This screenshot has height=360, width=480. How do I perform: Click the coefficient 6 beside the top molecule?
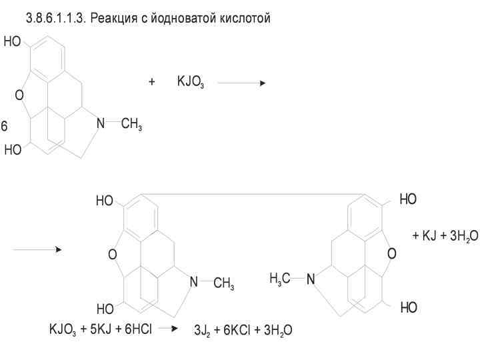pyautogui.click(x=4, y=126)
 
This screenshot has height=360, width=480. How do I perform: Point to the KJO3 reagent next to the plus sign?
pyautogui.click(x=190, y=83)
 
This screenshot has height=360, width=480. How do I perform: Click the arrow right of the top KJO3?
pyautogui.click(x=241, y=83)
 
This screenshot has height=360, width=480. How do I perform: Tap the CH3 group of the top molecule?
pyautogui.click(x=131, y=125)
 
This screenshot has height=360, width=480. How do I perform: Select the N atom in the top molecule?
pyautogui.click(x=100, y=123)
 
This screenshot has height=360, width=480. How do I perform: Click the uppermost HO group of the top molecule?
pyautogui.click(x=12, y=42)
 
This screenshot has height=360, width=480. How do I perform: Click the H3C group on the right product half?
pyautogui.click(x=280, y=278)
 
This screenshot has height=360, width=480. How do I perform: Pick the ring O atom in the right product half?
pyautogui.click(x=391, y=253)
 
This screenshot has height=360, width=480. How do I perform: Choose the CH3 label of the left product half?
pyautogui.click(x=223, y=285)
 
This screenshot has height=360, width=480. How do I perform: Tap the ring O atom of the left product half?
pyautogui.click(x=112, y=254)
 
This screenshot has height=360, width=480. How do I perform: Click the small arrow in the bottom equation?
pyautogui.click(x=169, y=329)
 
